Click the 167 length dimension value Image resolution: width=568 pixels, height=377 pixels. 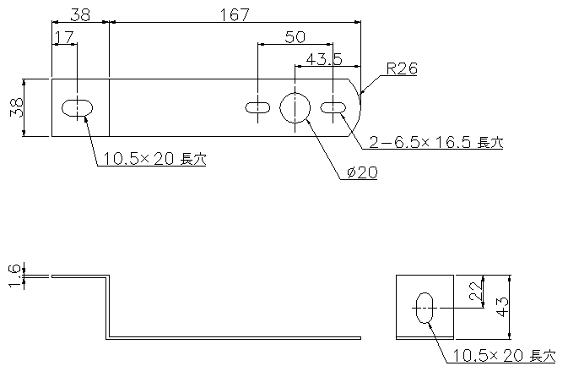pos(235,14)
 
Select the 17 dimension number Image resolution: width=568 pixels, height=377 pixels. pos(64,36)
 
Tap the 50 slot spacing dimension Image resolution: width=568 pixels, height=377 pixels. pos(295,36)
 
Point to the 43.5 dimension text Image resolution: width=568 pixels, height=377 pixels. pos(324,59)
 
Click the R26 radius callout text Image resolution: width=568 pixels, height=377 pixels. pos(402,68)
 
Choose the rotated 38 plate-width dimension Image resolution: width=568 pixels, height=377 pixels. pos(17,107)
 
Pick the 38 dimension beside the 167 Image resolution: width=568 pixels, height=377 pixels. pos(80,15)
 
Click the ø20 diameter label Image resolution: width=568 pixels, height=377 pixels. pos(362,172)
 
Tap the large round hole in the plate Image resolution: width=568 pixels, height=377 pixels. pos(295,107)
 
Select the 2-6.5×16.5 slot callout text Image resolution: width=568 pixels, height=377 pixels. pos(436,142)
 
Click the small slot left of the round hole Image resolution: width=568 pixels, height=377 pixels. pos(257,107)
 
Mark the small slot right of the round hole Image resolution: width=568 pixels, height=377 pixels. pos(333,107)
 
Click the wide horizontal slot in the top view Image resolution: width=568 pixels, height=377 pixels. pos(77,107)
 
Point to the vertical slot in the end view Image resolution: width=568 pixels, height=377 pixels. pos(425,308)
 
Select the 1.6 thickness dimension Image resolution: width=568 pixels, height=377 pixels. pos(14,276)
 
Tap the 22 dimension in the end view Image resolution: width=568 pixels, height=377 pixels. pos(475,291)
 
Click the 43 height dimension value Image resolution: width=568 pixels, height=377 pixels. pos(503,307)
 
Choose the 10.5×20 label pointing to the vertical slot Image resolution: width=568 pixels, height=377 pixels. pos(504,356)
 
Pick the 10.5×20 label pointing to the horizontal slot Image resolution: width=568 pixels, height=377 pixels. pos(155,159)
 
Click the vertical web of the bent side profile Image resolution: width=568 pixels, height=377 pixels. pos(107,307)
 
